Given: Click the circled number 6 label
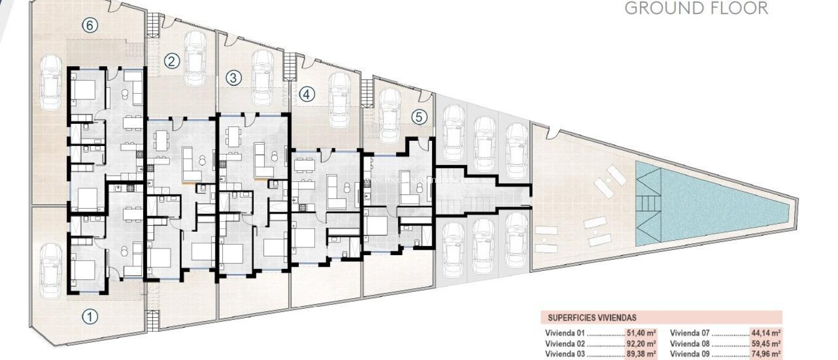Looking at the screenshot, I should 90,25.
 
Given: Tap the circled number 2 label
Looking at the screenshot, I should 172,61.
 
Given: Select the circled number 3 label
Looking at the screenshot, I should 233,78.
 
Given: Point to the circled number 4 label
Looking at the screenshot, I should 306,95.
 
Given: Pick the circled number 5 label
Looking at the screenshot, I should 419,117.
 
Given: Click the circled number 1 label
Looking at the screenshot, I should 90,316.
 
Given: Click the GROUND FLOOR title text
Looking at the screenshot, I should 696,8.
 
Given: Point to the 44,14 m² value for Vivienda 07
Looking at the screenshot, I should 766,333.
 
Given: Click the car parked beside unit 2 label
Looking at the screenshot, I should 195,59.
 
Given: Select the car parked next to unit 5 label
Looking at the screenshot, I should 390,115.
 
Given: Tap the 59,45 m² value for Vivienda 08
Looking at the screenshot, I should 766,344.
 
